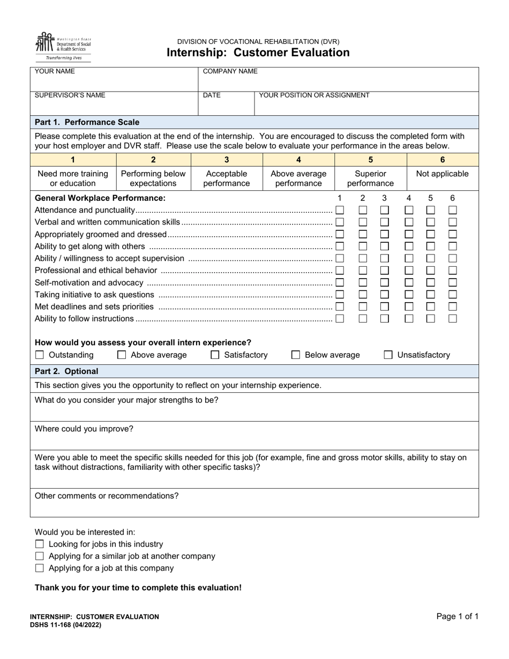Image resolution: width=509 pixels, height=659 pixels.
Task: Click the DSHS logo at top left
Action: (x=63, y=46)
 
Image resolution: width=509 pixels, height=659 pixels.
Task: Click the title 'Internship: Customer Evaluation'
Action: (x=258, y=53)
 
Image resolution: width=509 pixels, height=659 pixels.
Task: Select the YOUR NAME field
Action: (x=114, y=79)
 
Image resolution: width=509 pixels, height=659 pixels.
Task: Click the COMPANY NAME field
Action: (x=338, y=79)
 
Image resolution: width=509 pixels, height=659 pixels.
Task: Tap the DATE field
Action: (x=226, y=103)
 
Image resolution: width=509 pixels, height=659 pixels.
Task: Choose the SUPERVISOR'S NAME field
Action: (x=114, y=103)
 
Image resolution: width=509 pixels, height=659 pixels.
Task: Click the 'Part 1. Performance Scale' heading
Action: (x=87, y=122)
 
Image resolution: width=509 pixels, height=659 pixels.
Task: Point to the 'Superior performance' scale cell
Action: (x=370, y=178)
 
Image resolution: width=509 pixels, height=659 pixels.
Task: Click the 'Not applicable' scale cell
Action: (x=442, y=174)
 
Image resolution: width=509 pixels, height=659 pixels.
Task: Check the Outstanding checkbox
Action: (x=40, y=355)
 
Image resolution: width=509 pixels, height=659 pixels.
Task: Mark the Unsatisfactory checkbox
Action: (x=388, y=355)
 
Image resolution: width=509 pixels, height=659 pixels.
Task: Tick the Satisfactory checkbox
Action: (x=215, y=355)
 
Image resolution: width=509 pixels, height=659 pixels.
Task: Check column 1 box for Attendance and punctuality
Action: (x=340, y=210)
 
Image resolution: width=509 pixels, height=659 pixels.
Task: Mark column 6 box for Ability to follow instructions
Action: (x=453, y=318)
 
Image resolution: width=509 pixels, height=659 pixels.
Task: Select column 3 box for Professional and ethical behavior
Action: (x=384, y=271)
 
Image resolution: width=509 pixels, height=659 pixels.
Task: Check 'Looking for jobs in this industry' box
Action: (x=40, y=544)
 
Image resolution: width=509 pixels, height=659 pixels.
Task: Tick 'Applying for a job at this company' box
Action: (x=40, y=568)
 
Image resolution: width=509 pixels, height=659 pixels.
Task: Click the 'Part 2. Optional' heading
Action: (x=66, y=371)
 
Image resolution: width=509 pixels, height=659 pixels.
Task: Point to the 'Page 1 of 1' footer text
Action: (x=457, y=617)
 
